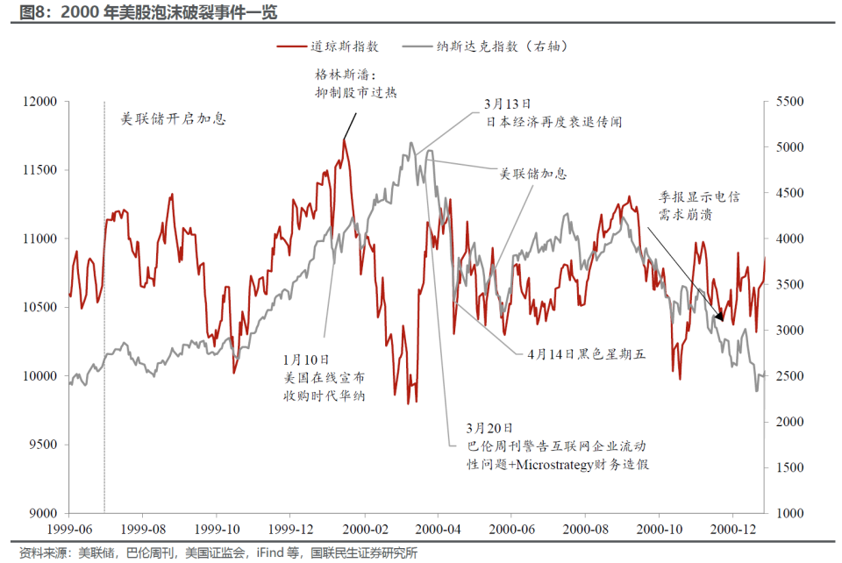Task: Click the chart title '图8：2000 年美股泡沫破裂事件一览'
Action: (x=148, y=11)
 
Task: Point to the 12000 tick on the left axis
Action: (x=39, y=102)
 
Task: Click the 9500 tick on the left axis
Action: (x=43, y=445)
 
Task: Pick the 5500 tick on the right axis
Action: (x=789, y=102)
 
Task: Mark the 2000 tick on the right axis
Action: (x=789, y=422)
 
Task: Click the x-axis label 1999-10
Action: (x=217, y=529)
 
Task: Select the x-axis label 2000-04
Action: (x=439, y=529)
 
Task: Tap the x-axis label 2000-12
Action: (x=733, y=529)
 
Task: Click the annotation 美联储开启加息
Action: (x=174, y=118)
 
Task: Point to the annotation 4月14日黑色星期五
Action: (x=587, y=354)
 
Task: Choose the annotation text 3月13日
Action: (x=508, y=104)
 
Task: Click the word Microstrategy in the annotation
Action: (x=554, y=464)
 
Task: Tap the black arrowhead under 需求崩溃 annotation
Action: (x=719, y=317)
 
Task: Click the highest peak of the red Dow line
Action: (x=344, y=140)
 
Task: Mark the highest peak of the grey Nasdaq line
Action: (x=411, y=143)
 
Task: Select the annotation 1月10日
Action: (x=306, y=360)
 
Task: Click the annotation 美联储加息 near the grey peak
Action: (x=533, y=174)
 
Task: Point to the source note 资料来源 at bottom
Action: (x=218, y=552)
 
